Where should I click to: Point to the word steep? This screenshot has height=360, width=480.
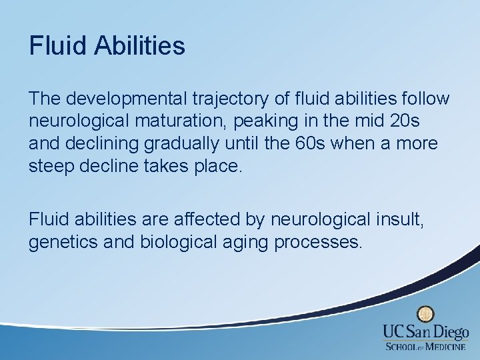tap(52, 165)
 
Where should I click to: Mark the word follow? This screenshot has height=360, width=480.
tap(426, 99)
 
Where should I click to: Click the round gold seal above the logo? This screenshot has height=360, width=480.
tap(425, 315)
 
